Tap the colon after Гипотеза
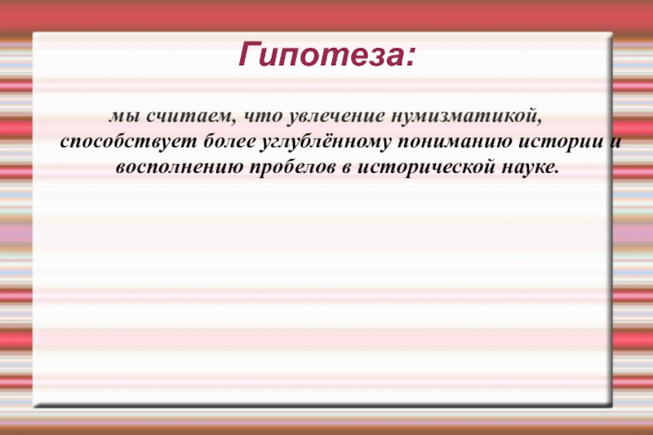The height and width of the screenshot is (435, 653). (410, 59)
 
